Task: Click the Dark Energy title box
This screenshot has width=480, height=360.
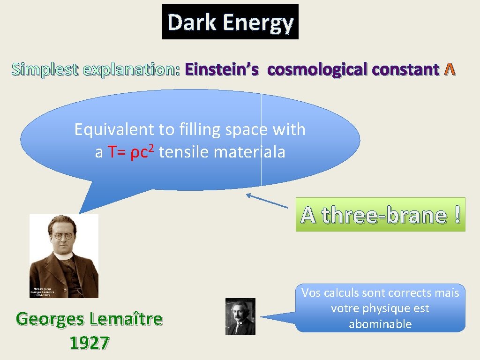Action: (x=230, y=22)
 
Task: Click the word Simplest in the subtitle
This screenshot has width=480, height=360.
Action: (x=45, y=69)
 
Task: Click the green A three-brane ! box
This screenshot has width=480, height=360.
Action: (x=380, y=215)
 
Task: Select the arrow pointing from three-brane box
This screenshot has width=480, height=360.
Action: (x=267, y=201)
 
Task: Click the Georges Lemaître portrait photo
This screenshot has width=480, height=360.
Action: (x=64, y=256)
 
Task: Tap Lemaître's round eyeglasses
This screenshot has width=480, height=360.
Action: (x=63, y=236)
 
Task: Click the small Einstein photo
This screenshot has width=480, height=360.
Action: (x=240, y=316)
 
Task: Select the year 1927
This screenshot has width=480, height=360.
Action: (x=89, y=343)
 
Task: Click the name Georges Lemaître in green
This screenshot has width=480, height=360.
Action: (x=89, y=319)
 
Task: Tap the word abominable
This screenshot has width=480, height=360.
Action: (x=380, y=324)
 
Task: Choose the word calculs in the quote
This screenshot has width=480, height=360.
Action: (x=342, y=293)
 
